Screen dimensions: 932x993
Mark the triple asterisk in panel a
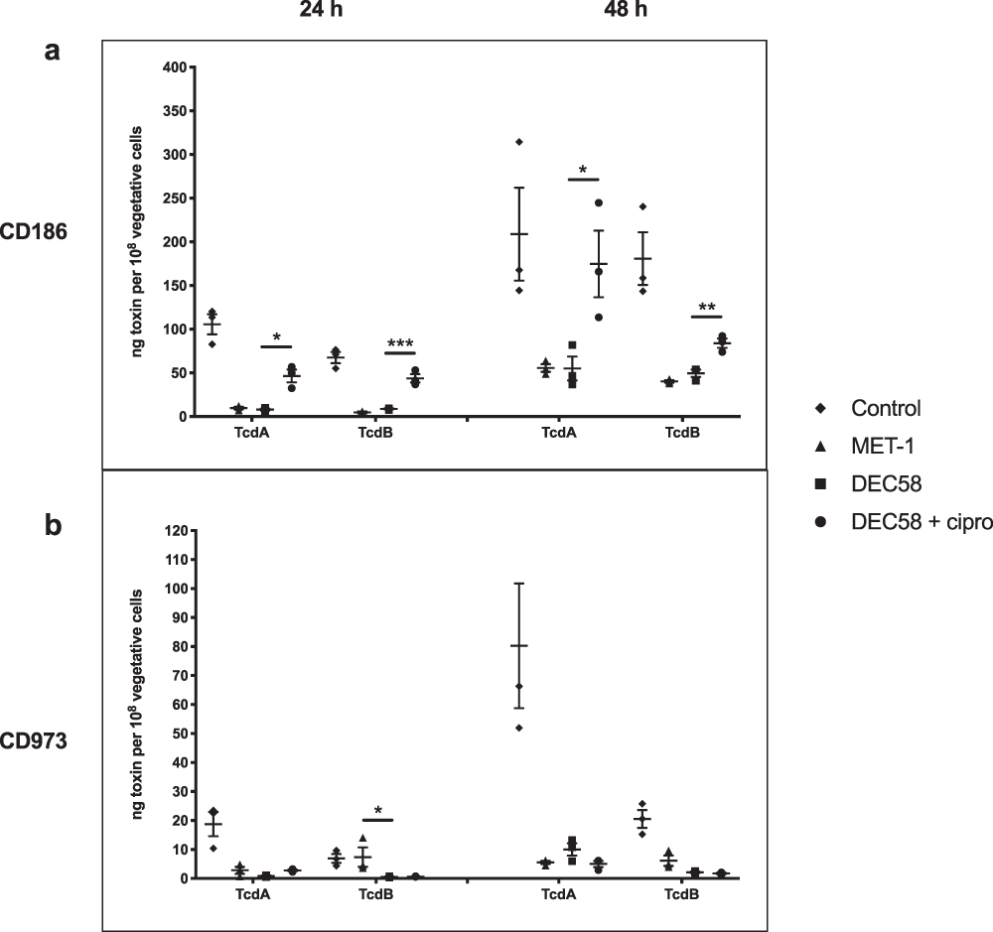[x=400, y=344]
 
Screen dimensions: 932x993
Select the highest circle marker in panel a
[x=599, y=203]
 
